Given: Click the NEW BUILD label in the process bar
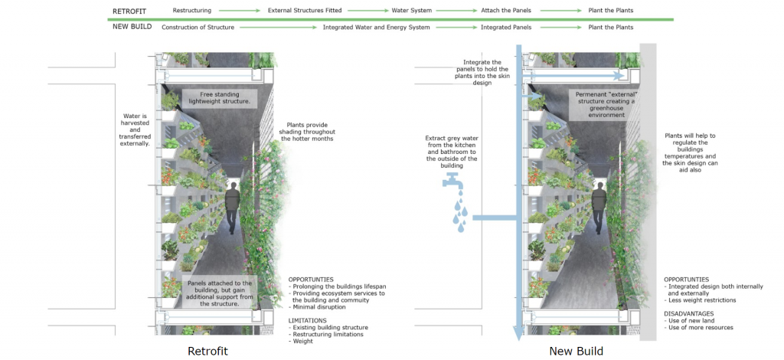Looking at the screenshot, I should pos(132,27).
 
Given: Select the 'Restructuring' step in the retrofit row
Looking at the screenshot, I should pos(192,11).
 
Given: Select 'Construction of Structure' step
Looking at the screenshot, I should pos(198,27).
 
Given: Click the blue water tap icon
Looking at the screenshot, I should pos(451,182).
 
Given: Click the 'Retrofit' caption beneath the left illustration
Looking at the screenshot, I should pos(208,351).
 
